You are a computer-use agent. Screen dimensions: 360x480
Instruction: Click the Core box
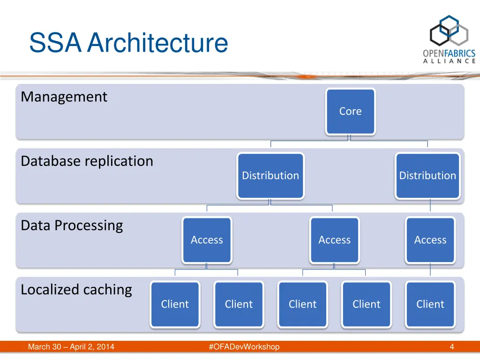click(x=351, y=112)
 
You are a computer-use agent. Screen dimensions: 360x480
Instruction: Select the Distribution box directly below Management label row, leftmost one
click(x=270, y=176)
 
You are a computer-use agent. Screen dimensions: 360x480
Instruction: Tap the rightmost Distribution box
click(x=427, y=176)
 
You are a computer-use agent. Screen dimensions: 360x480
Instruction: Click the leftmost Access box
click(x=207, y=240)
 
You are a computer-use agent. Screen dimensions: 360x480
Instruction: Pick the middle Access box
click(x=334, y=240)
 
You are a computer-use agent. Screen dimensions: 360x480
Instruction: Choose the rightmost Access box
click(x=430, y=240)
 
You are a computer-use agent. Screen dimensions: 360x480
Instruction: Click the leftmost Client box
click(x=175, y=304)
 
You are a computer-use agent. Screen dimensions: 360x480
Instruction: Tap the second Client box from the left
click(x=239, y=304)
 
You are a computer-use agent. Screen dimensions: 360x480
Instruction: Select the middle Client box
click(x=302, y=304)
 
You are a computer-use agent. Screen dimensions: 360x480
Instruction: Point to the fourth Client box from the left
click(x=366, y=304)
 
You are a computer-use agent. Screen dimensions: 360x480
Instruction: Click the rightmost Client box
click(x=430, y=304)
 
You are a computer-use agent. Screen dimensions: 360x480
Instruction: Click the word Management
click(x=64, y=97)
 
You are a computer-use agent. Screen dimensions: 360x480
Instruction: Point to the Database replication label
click(x=87, y=161)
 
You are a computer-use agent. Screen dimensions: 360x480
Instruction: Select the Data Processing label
click(x=72, y=225)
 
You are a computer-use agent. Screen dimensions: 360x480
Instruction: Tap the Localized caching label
click(x=76, y=290)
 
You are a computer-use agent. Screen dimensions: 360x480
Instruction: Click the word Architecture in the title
click(x=157, y=43)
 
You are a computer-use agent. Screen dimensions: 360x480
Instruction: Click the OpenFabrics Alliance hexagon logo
click(x=449, y=31)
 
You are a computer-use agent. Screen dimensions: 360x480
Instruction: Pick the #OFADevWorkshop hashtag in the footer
click(x=244, y=347)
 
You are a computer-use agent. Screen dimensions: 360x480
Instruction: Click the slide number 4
click(x=452, y=347)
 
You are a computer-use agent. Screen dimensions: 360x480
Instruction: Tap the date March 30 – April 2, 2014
click(x=71, y=347)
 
